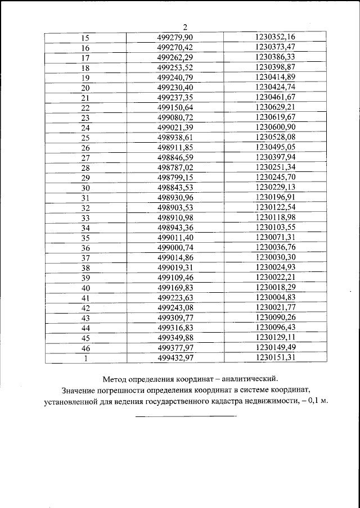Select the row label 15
pos(85,38)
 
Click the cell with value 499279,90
pos(175,37)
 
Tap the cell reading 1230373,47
pos(275,47)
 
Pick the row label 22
pos(85,107)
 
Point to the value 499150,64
pos(175,107)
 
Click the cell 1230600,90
pos(275,127)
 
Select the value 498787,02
pos(175,167)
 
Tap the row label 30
pos(85,188)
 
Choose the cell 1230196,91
pos(275,197)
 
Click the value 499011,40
pos(175,237)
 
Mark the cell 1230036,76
pos(275,247)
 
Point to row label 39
pos(85,278)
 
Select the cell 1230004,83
pos(275,297)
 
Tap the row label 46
pos(85,348)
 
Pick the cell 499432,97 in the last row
pos(175,357)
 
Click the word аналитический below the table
pos(246,378)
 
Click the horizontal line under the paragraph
pos(186,416)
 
